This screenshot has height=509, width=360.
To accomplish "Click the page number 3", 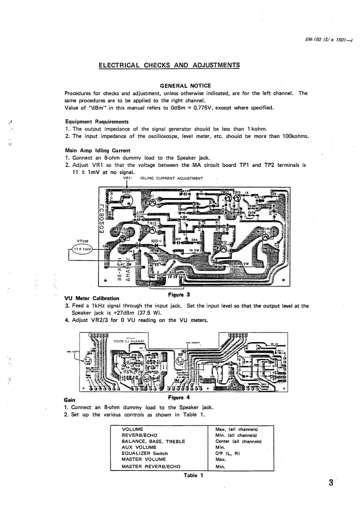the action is coord(331,482).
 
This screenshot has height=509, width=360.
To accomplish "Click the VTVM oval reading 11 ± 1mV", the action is coord(83,249).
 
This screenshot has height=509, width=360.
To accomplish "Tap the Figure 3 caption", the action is coord(178,294).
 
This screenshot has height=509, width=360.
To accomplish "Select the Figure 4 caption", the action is coord(178,398).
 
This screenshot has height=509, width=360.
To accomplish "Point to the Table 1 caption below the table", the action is coord(193,475).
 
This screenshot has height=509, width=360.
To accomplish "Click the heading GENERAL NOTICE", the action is coord(185,86).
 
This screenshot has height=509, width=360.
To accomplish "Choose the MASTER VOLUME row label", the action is coord(138,459).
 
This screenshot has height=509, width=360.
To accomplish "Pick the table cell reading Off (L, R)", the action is coord(227,453).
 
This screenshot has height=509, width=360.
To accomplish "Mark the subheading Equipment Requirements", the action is coord(97,122).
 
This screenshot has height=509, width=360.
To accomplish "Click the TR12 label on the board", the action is coord(226,243).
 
